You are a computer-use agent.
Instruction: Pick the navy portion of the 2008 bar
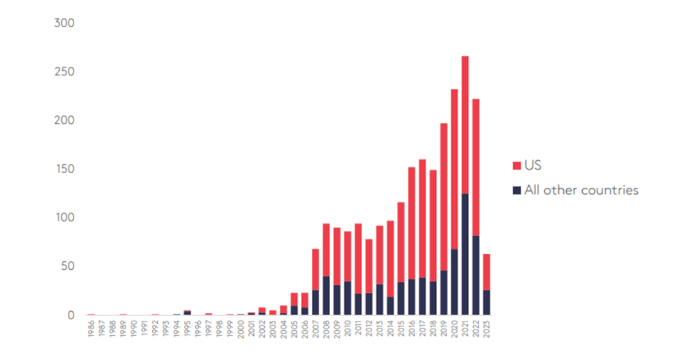click(x=326, y=295)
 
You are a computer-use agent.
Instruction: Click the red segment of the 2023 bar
click(x=486, y=272)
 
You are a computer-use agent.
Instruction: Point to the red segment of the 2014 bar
click(x=390, y=258)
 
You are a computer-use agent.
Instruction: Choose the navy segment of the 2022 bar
click(x=475, y=275)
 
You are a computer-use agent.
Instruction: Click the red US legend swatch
click(x=517, y=166)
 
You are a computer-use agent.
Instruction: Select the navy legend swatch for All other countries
click(x=517, y=190)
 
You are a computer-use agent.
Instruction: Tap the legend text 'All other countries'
click(x=581, y=190)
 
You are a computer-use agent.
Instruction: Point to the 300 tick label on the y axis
click(x=64, y=24)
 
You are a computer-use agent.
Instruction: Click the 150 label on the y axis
click(x=64, y=169)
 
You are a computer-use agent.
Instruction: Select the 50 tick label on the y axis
click(x=67, y=266)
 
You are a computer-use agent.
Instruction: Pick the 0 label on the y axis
click(x=71, y=315)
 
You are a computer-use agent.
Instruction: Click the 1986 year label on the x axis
click(x=91, y=329)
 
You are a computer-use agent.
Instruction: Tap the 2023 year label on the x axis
click(x=486, y=329)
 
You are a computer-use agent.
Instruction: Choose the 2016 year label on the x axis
click(x=412, y=329)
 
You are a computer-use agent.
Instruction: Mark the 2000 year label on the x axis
click(x=241, y=329)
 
